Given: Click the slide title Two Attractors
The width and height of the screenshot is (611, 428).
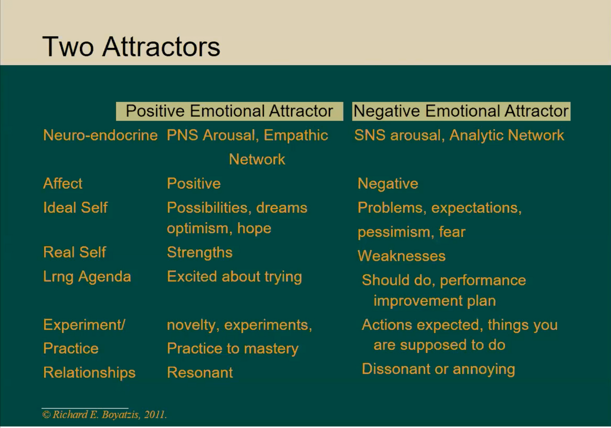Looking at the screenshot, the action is pos(131,47).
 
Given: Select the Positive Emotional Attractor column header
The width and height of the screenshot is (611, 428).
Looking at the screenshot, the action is pos(230,111).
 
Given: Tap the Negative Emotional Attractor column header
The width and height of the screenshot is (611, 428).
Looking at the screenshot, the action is pos(461,111).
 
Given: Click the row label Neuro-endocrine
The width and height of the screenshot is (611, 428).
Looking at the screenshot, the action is pos(100,135).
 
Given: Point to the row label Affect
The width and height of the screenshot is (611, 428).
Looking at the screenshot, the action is pos(63,183).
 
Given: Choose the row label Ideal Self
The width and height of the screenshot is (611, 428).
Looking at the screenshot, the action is pos(75,207).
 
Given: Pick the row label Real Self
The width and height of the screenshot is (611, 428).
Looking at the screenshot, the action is pos(74,252).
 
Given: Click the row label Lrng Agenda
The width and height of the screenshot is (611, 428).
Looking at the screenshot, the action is pos(87,277).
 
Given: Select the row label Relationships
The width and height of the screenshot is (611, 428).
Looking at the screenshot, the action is pos(89,372).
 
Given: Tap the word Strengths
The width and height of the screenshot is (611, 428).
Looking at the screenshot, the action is pos(200,252).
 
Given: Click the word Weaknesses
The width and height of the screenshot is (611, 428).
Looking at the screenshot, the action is pos(401,256).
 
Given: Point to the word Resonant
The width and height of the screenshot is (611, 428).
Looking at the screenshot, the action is pos(200,372).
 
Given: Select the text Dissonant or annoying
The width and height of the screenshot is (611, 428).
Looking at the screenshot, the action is pos(438,369).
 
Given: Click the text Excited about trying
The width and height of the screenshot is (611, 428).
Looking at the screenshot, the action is pos(234,277).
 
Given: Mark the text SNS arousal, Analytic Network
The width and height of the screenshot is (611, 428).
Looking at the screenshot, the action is pos(459,136).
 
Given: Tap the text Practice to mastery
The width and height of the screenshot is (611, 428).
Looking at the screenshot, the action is pos(233,349).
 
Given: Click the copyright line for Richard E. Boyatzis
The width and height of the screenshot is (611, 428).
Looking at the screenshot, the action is pos(104,415).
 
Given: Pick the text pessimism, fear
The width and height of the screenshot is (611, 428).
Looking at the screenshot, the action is pos(411,232).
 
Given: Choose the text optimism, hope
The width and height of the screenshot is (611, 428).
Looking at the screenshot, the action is pos(219,228).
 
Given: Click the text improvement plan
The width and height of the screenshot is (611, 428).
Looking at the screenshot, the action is pos(434,301).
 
